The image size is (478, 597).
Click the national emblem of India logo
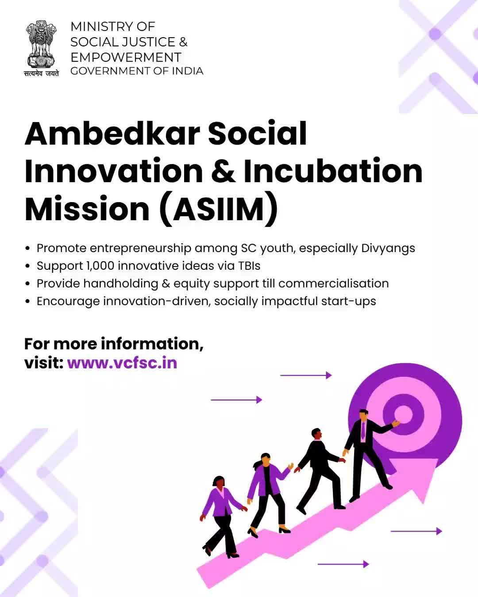point(41,44)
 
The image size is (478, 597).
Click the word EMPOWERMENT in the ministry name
point(126,57)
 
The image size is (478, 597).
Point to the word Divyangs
point(388,249)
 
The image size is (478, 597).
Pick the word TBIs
point(249,265)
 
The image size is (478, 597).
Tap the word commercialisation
point(333,283)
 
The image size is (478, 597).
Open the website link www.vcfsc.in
point(122,363)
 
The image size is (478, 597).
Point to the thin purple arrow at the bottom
point(343,564)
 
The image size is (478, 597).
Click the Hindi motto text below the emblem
point(42,73)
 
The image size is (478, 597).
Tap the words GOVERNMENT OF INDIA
point(137,71)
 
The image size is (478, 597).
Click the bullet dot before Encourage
point(27,301)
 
